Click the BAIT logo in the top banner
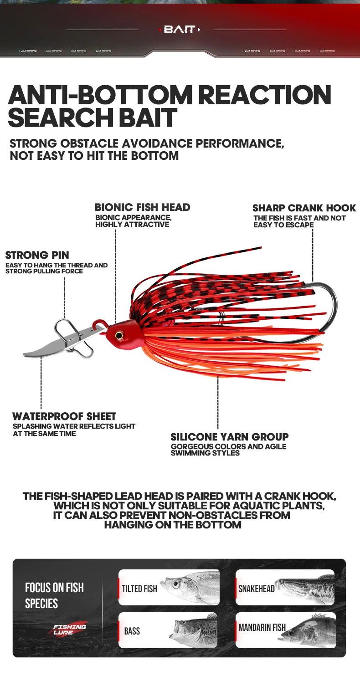(x=180, y=30)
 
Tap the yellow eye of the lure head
(x=119, y=335)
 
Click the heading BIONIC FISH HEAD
(x=142, y=207)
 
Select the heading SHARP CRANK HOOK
(x=304, y=208)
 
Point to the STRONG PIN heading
(x=37, y=255)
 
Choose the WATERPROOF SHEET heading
(x=64, y=416)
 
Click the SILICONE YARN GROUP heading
(x=229, y=437)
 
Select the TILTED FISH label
(x=139, y=589)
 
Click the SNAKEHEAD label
(x=257, y=589)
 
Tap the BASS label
(x=132, y=631)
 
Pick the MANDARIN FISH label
(x=262, y=627)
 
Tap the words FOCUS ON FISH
(x=54, y=588)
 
